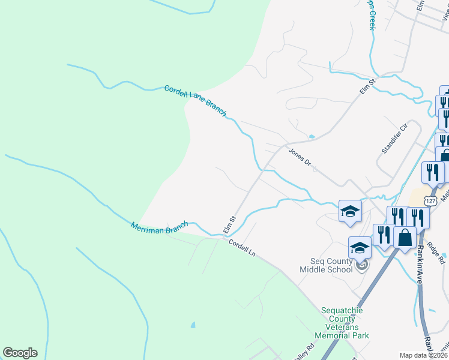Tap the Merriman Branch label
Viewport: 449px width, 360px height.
coord(159,226)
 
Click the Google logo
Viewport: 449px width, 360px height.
coord(20,353)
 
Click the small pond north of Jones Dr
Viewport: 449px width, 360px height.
coord(311,137)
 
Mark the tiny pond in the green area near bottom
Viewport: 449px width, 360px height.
coord(192,326)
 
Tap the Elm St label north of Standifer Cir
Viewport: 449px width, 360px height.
coord(367,85)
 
